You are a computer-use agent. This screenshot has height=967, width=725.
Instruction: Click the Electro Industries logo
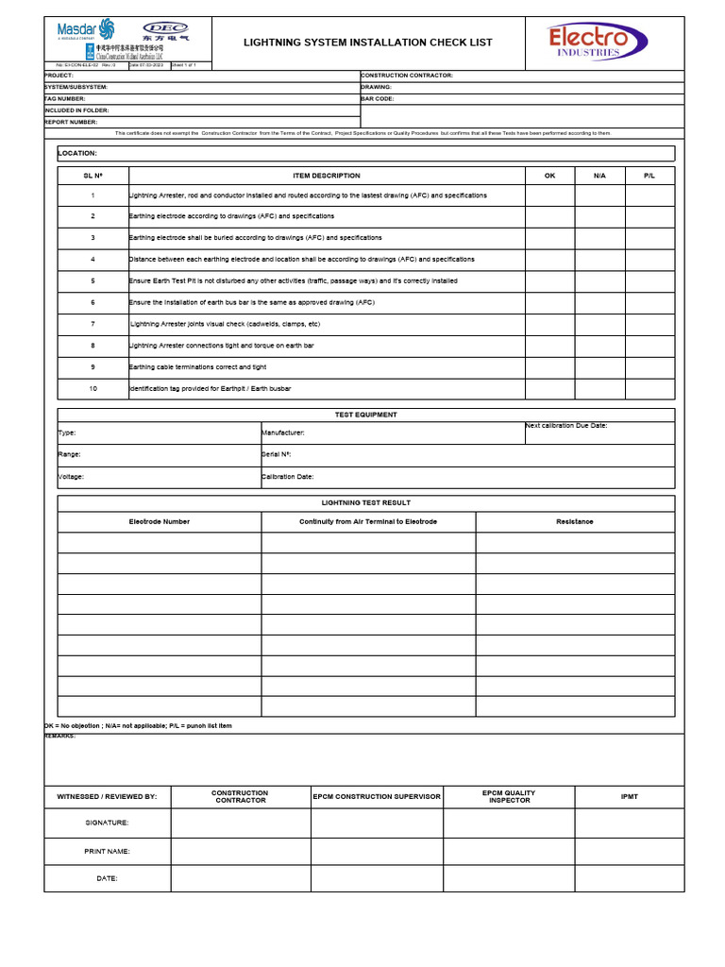tap(598, 42)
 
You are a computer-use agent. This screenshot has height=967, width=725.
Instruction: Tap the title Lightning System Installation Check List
tap(368, 42)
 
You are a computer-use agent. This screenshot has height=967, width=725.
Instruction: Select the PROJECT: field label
tap(59, 76)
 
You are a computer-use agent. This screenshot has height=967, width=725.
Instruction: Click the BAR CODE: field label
tap(378, 98)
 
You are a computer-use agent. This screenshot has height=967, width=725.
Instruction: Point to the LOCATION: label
tap(77, 153)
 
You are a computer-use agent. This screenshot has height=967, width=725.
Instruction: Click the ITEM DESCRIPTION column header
tap(326, 176)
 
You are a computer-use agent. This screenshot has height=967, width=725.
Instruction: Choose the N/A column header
tap(599, 176)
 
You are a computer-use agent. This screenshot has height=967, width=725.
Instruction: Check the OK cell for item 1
tap(549, 195)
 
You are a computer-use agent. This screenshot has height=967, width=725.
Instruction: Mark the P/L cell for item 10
tap(649, 388)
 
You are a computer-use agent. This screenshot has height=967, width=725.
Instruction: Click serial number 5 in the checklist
tap(93, 281)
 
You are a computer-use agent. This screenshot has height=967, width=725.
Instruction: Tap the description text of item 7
tap(225, 324)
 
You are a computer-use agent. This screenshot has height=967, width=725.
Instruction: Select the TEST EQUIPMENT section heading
tap(366, 415)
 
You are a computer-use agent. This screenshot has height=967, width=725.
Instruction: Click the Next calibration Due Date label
tap(566, 426)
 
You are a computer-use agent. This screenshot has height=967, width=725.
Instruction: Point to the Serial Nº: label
tap(277, 454)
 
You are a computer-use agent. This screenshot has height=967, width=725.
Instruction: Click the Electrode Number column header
tap(159, 521)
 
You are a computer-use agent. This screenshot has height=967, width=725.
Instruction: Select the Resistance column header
tap(575, 521)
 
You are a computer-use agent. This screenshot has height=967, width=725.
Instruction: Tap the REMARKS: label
tap(59, 736)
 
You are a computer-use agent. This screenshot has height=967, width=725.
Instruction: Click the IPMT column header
tap(629, 797)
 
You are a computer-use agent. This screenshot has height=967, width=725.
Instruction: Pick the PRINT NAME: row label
tap(107, 851)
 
